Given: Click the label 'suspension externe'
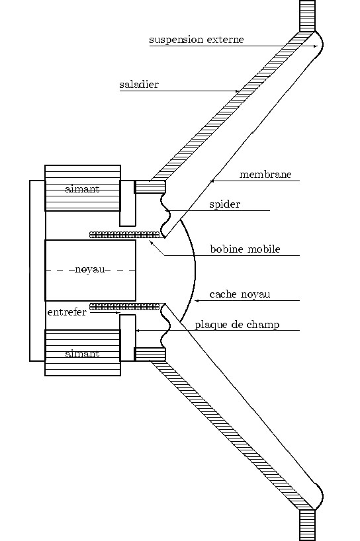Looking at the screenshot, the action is click(x=197, y=40).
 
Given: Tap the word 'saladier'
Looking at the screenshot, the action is click(x=139, y=85).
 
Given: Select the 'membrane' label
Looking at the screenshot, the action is click(x=265, y=174).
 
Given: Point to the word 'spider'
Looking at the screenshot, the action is click(x=225, y=204).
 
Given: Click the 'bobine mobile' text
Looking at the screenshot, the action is click(x=245, y=249).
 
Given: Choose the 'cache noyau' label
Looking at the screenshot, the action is click(x=240, y=294).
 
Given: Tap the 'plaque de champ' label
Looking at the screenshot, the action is click(x=237, y=325).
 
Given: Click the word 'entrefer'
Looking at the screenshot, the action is click(x=67, y=312).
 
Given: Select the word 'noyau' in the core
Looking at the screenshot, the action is click(x=90, y=269).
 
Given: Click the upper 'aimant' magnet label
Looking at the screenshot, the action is click(x=82, y=188).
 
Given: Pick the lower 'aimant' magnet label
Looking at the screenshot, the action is click(x=82, y=354).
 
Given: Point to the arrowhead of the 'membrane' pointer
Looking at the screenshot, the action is click(x=212, y=181).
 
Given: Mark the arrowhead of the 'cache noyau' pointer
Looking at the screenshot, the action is click(x=197, y=301).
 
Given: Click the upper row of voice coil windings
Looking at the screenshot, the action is click(x=124, y=235).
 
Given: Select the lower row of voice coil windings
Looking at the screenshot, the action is click(x=124, y=307).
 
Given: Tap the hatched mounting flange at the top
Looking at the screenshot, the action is click(x=307, y=16).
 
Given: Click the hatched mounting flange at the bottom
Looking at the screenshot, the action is click(x=307, y=525).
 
